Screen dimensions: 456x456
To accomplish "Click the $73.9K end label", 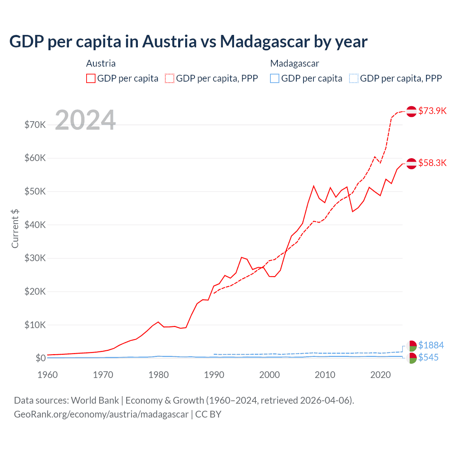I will point(432,111).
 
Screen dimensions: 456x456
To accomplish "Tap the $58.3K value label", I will point(432,163).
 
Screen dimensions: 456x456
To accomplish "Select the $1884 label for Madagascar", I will point(431,345).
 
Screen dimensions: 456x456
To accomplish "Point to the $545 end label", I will point(428,357).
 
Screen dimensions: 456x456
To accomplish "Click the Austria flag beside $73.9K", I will point(411,111).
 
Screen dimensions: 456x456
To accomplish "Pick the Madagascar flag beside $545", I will point(411,358).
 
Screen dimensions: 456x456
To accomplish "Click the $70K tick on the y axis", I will point(35,125).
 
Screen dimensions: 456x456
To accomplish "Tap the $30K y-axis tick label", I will point(35,258).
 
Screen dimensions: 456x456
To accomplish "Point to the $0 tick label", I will point(41,358).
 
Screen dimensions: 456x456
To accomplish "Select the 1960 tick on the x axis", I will point(47,375).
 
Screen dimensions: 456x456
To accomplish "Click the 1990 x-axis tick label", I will point(214,375).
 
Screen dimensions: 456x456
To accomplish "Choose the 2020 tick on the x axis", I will point(380,375).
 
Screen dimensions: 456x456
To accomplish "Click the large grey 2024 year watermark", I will point(85,120).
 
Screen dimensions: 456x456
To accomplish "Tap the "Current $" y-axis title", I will point(15,229).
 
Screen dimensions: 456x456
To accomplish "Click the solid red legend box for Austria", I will point(91,78).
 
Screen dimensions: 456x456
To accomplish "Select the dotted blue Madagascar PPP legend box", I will point(354,78).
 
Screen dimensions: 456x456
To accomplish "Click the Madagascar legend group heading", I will point(295,63).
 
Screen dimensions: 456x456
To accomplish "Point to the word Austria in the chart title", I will point(169,42).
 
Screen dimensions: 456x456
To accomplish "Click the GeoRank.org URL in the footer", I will point(101,414).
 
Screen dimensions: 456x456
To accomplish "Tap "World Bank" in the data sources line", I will point(95,400).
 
